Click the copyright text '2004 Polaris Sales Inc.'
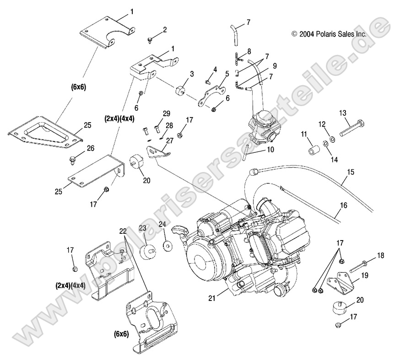(x=329, y=34)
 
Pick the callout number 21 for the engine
(x=212, y=298)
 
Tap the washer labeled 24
(x=168, y=246)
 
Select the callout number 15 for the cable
(x=351, y=172)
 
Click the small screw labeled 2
(x=150, y=40)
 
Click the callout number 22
(x=123, y=231)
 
